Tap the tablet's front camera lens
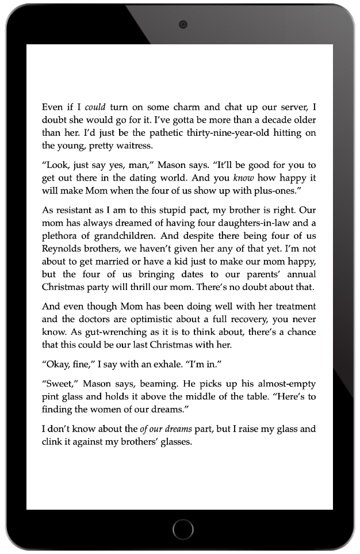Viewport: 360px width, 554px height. pos(182,24)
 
